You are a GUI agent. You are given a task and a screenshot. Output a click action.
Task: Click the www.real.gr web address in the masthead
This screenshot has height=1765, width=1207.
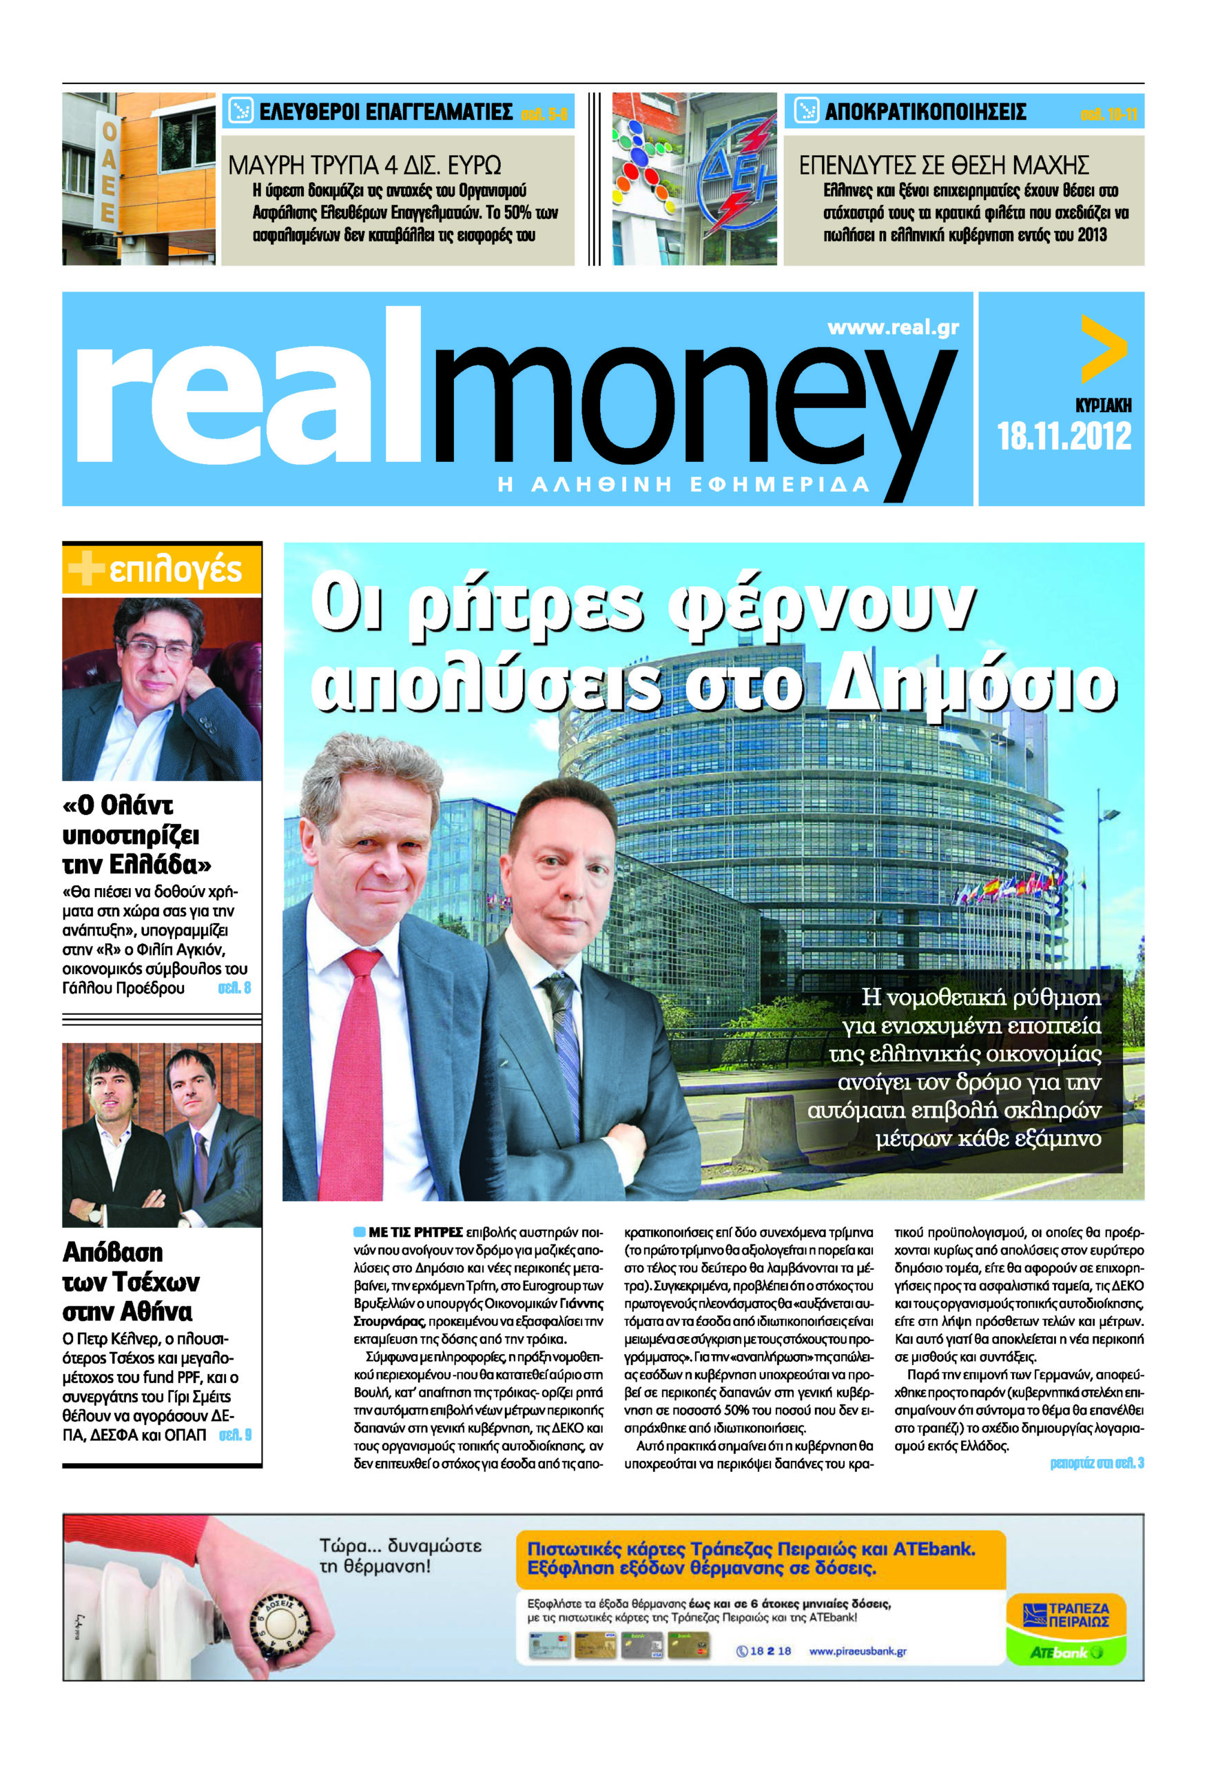(893, 327)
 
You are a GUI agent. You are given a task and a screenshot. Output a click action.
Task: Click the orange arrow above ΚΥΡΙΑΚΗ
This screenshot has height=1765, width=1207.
(1103, 349)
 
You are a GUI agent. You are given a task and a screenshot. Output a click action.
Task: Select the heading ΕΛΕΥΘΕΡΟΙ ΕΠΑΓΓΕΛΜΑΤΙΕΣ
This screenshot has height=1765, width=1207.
(386, 112)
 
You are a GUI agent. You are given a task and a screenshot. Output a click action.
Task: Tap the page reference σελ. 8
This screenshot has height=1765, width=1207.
(234, 988)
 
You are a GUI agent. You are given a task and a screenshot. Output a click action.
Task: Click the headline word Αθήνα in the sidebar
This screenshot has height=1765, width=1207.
(158, 1311)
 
